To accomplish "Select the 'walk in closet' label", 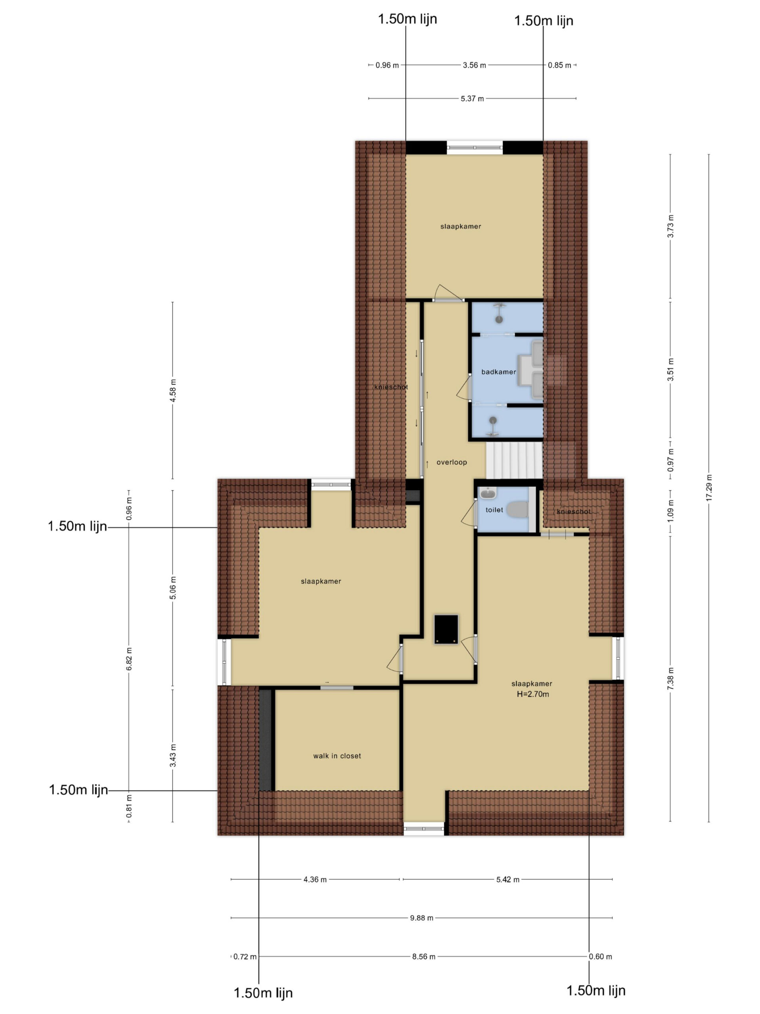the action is [x=337, y=756].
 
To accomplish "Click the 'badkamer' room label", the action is [x=498, y=372].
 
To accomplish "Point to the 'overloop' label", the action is [x=451, y=462].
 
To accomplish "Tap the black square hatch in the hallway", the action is [x=446, y=629].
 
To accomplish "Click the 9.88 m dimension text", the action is [x=422, y=918].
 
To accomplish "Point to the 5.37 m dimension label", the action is [x=472, y=99].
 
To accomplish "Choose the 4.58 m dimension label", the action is [x=173, y=391].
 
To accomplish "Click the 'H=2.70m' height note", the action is [x=533, y=694].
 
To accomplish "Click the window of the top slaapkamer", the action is [x=475, y=147].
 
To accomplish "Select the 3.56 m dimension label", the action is [x=474, y=65].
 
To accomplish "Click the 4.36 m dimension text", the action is [x=315, y=880].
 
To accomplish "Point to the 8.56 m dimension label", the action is [x=423, y=957].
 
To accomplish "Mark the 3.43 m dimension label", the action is [x=173, y=755].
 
